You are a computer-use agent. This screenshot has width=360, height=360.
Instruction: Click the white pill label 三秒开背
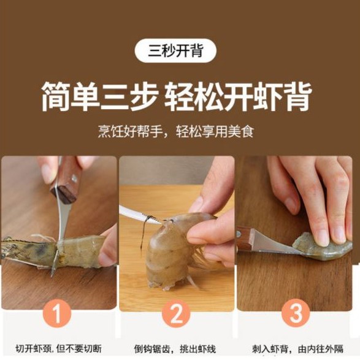pos(175,50)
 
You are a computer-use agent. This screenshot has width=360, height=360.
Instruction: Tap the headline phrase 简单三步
pos(100,96)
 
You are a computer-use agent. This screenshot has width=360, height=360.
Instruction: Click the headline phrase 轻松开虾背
pos(238,96)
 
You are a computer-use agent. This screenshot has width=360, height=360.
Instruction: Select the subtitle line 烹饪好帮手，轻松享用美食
pos(176,131)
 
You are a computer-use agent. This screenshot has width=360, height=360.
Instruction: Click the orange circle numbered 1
pos(57,314)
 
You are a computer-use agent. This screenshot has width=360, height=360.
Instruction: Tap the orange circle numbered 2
pos(176,314)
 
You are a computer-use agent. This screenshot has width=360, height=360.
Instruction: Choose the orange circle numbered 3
pos(296,314)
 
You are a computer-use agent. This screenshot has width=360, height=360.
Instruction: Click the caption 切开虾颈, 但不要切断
pos(58,349)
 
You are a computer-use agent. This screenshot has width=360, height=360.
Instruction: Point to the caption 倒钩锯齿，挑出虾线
pos(175,349)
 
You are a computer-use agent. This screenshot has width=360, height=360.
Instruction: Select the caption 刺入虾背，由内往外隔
pos(298,349)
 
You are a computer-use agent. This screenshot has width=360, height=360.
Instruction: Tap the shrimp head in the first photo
pos(28,250)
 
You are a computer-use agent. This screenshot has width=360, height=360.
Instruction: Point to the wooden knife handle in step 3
pos(247,239)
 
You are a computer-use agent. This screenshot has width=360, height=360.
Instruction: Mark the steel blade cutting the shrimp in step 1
pos(60,229)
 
